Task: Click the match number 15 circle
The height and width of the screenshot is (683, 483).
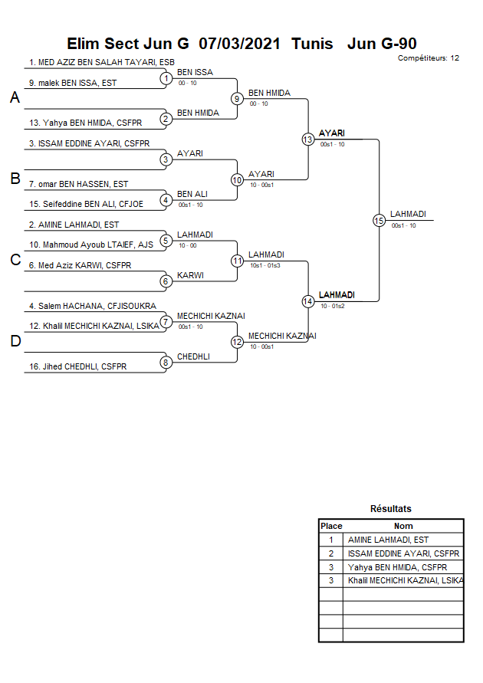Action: click(378, 220)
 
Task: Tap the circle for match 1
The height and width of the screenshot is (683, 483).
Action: click(165, 77)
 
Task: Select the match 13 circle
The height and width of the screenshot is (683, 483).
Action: click(307, 139)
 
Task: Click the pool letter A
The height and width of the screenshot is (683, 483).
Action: click(15, 98)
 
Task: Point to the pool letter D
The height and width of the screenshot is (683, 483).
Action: click(15, 342)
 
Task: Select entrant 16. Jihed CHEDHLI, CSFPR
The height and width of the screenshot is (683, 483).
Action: click(77, 367)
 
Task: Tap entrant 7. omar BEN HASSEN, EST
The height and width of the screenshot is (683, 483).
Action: click(78, 184)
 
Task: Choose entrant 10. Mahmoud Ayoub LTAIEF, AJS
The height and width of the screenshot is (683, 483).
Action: click(91, 245)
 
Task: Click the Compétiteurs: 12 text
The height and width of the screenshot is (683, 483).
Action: click(429, 57)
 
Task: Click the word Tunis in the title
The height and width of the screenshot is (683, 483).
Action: click(312, 44)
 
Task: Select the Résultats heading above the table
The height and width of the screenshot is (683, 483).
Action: click(390, 509)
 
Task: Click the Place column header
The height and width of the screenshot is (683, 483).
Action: click(331, 526)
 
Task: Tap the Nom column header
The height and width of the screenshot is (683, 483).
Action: click(402, 526)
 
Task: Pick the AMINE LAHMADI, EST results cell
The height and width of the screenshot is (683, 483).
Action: click(388, 540)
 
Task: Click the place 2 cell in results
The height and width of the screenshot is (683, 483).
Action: click(331, 553)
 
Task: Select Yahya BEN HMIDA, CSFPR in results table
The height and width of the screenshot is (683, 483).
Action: click(397, 567)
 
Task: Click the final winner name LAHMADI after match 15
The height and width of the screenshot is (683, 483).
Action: click(408, 215)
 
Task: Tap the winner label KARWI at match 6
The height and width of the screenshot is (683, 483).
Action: click(190, 275)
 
